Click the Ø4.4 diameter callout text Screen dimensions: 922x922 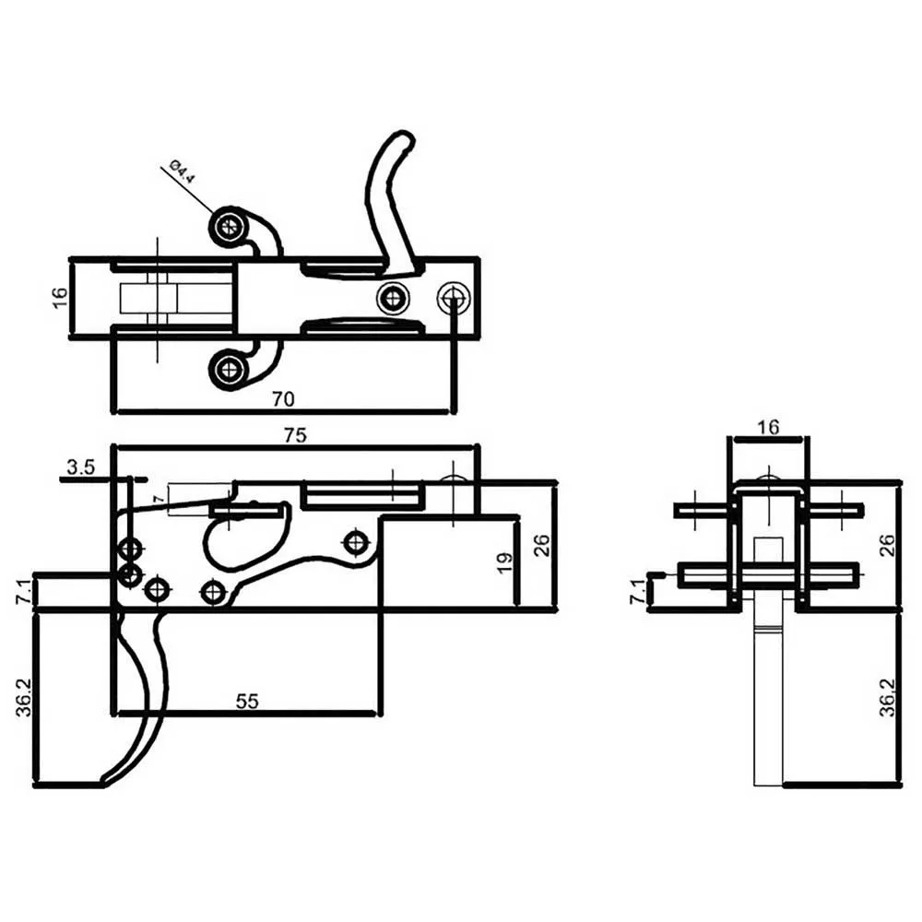pos(181,171)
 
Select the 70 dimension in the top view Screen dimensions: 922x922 pos(283,399)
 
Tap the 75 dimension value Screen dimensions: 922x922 pos(295,435)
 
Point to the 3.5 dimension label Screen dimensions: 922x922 pos(80,467)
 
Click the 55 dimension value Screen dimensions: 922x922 pos(247,701)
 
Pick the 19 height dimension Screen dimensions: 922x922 pos(504,562)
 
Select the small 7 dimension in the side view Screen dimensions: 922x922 pos(158,499)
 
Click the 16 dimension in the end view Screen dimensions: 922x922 pos(768,427)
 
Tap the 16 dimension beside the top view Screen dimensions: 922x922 pos(60,298)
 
